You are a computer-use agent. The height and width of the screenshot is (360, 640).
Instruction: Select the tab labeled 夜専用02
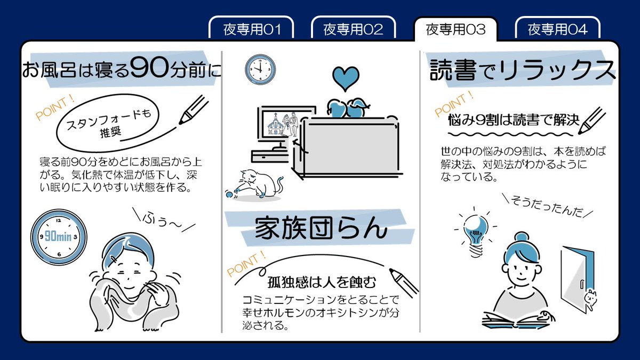point(353,29)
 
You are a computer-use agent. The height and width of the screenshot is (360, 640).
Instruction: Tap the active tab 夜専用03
point(455,29)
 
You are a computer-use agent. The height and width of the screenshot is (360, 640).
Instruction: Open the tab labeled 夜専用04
point(557,29)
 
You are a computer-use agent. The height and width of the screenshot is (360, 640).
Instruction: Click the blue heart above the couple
point(346,78)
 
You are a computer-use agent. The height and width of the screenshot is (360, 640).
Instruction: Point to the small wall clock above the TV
point(260,69)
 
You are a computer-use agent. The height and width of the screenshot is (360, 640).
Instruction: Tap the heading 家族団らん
point(319,228)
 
